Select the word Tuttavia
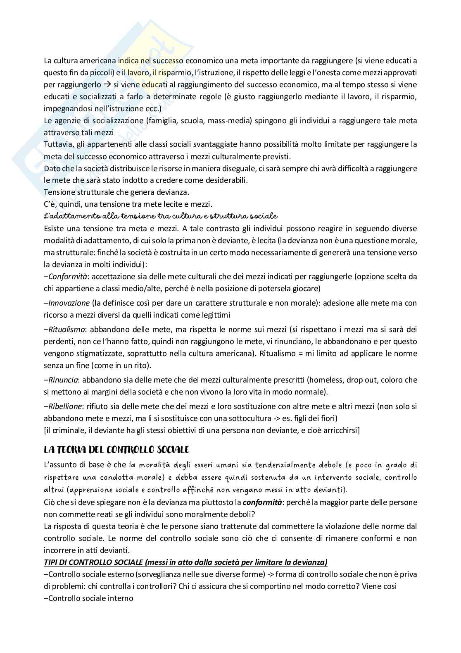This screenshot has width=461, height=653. [x=57, y=144]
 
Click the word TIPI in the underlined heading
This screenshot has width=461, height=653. [x=51, y=562]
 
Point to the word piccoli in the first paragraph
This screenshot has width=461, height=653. [x=97, y=73]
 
